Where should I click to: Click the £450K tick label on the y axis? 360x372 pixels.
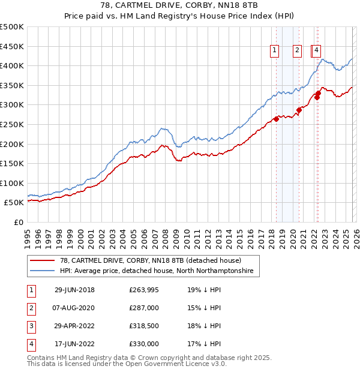pos(12,46)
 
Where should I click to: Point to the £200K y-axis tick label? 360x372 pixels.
pos(12,144)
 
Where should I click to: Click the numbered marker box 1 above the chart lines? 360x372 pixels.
pos(275,51)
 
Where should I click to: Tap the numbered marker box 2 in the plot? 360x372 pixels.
pos(297,51)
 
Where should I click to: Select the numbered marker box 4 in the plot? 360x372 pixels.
pos(316,51)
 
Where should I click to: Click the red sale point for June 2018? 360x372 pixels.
pos(277,119)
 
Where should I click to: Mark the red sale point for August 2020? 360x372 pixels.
pos(299,110)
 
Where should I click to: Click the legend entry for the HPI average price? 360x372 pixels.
pos(157,271)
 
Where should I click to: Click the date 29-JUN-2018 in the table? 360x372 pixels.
pos(74,290)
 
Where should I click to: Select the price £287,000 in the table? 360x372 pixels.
pos(144,308)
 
